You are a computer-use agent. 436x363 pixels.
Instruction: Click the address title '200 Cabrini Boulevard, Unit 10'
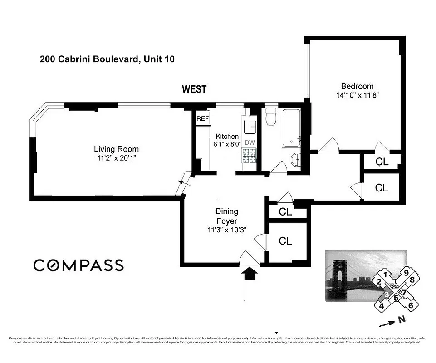pyautogui.click(x=107, y=59)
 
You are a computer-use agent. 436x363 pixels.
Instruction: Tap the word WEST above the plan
pyautogui.click(x=194, y=89)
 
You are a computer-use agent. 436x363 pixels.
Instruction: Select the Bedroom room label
pyautogui.click(x=357, y=86)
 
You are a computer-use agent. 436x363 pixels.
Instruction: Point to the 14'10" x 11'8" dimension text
pyautogui.click(x=357, y=95)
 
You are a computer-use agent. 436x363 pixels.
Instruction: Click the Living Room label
pyautogui.click(x=116, y=149)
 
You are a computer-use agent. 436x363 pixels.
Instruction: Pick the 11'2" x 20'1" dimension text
pyautogui.click(x=116, y=158)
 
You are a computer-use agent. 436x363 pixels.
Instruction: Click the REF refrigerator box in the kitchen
pyautogui.click(x=202, y=119)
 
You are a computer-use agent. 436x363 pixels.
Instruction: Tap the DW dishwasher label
pyautogui.click(x=250, y=142)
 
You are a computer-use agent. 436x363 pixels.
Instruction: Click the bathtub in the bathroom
pyautogui.click(x=291, y=128)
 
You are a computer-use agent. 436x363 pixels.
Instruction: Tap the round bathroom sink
pyautogui.click(x=295, y=159)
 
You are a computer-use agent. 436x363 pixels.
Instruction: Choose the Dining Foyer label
pyautogui.click(x=226, y=216)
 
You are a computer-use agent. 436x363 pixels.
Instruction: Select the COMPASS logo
pyautogui.click(x=78, y=265)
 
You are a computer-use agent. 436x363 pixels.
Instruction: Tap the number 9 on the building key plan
pyautogui.click(x=407, y=273)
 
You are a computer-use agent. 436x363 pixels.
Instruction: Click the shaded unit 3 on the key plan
pyautogui.click(x=386, y=294)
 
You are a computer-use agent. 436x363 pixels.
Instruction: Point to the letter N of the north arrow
pyautogui.click(x=401, y=319)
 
